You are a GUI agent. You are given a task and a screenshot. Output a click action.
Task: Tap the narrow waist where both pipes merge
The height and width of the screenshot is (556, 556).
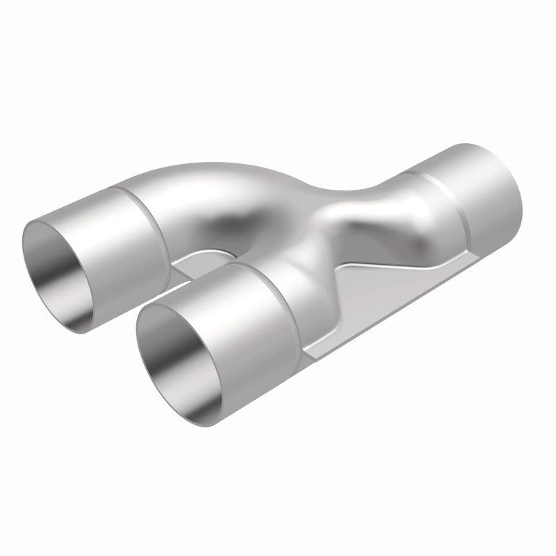[327, 208]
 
